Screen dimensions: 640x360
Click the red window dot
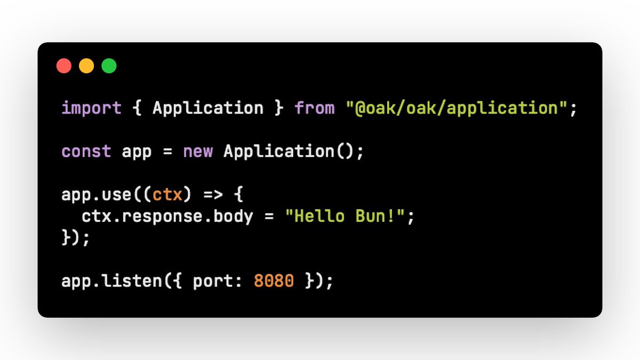[x=64, y=66]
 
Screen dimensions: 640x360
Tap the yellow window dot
[x=86, y=66]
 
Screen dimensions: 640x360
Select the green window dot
[x=109, y=66]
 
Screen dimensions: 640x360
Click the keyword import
[x=92, y=108]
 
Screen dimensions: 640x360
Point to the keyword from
[x=315, y=108]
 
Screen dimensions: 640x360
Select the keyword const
[x=86, y=151]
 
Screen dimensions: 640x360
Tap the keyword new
[x=198, y=151]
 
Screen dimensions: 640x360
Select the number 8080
[x=274, y=281]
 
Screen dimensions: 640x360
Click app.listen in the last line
[x=112, y=281]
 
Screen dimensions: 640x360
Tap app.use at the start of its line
[x=97, y=195]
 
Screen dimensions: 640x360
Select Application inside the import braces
[x=208, y=108]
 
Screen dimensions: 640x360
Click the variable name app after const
[x=137, y=151]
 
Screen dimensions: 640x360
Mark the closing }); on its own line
[x=76, y=238]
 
